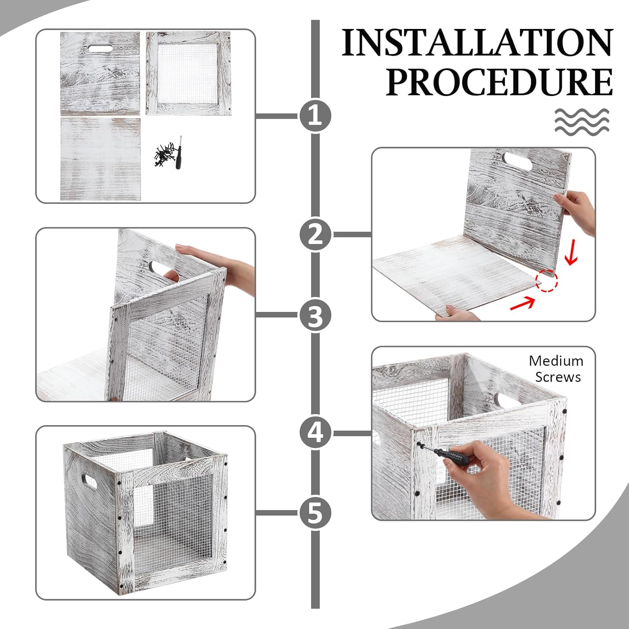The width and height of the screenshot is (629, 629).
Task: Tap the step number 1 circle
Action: pos(315,116)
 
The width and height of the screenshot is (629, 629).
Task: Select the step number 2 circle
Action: pos(315,234)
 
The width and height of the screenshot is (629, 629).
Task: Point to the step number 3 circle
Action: pos(315,315)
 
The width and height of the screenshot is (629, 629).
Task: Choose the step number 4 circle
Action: pos(315,432)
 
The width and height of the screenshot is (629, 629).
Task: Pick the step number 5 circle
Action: pos(315,513)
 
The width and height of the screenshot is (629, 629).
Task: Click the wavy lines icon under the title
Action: pos(582,121)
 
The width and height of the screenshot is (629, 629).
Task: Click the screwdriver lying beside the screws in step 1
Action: pos(179,153)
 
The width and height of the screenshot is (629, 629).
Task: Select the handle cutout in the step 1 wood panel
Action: pos(101,48)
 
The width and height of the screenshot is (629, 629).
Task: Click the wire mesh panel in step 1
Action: pos(188,73)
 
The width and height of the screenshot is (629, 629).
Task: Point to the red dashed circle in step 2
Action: pos(546,281)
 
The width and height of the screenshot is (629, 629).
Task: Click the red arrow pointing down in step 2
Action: pos(572,255)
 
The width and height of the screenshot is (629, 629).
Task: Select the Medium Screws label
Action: pos(556,369)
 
